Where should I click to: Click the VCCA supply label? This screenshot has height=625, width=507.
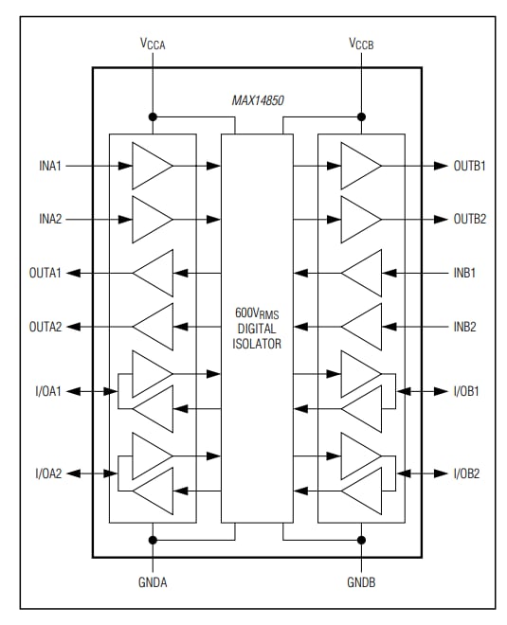(x=152, y=45)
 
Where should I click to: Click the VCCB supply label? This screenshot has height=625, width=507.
(x=362, y=45)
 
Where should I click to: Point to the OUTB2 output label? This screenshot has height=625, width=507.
(x=469, y=219)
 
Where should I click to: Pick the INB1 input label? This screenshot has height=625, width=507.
(x=464, y=274)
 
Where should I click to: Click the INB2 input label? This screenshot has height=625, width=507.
(x=464, y=327)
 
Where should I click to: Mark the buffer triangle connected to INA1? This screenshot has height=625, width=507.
(x=151, y=166)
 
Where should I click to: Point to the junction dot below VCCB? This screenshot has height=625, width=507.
(x=361, y=117)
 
